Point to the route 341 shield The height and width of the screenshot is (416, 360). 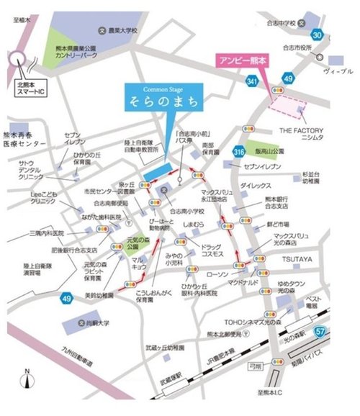point(251,83)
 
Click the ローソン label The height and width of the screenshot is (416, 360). point(217,274)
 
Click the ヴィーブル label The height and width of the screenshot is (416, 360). point(338,72)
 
